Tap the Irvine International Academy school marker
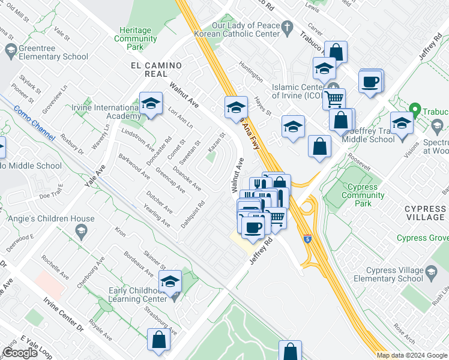tap(151, 104)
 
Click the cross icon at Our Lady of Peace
tap(287, 28)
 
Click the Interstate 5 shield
tap(307, 239)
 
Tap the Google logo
tap(20, 353)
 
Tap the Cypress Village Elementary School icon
tap(431, 274)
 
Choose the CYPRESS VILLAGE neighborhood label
tap(425, 213)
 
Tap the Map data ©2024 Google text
tap(412, 355)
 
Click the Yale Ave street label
tap(94, 176)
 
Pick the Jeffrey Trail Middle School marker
tap(401, 124)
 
